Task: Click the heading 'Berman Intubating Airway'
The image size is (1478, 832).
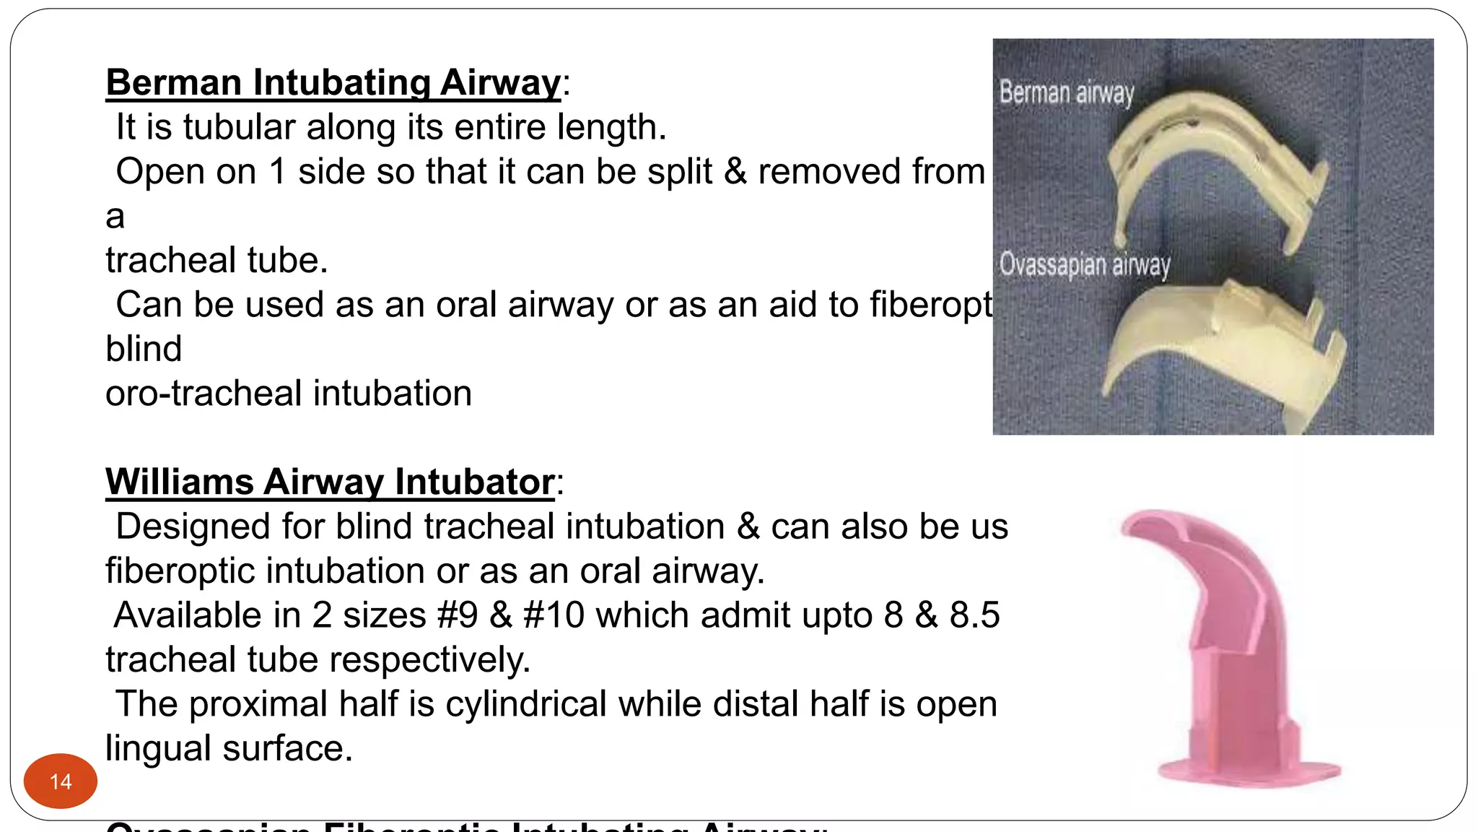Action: coord(333,82)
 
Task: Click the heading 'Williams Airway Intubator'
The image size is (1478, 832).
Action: coord(330,482)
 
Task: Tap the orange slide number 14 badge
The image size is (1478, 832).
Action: coord(61,781)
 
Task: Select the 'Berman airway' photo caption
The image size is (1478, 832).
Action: coord(1066,93)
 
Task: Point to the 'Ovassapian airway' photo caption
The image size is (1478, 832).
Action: coord(1084,264)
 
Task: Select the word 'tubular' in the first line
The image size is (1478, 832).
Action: coord(239,127)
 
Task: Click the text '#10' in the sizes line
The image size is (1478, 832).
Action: coord(554,615)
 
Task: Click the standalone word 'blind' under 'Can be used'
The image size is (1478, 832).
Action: coord(144,349)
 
